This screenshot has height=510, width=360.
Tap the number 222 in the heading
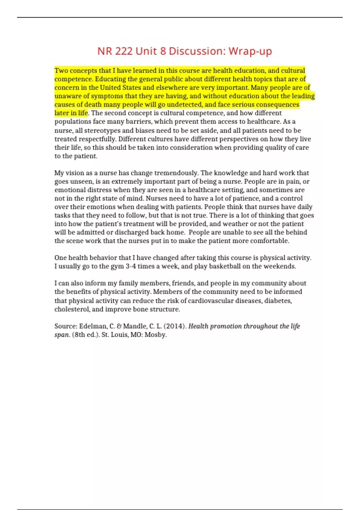pos(124,51)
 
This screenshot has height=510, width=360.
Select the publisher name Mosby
pos(155,335)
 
